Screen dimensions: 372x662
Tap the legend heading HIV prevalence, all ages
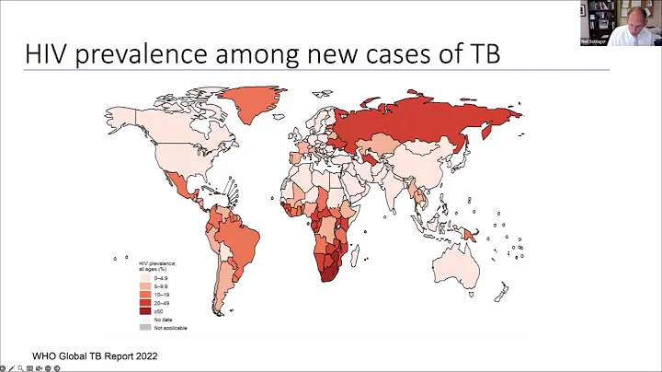157,265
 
